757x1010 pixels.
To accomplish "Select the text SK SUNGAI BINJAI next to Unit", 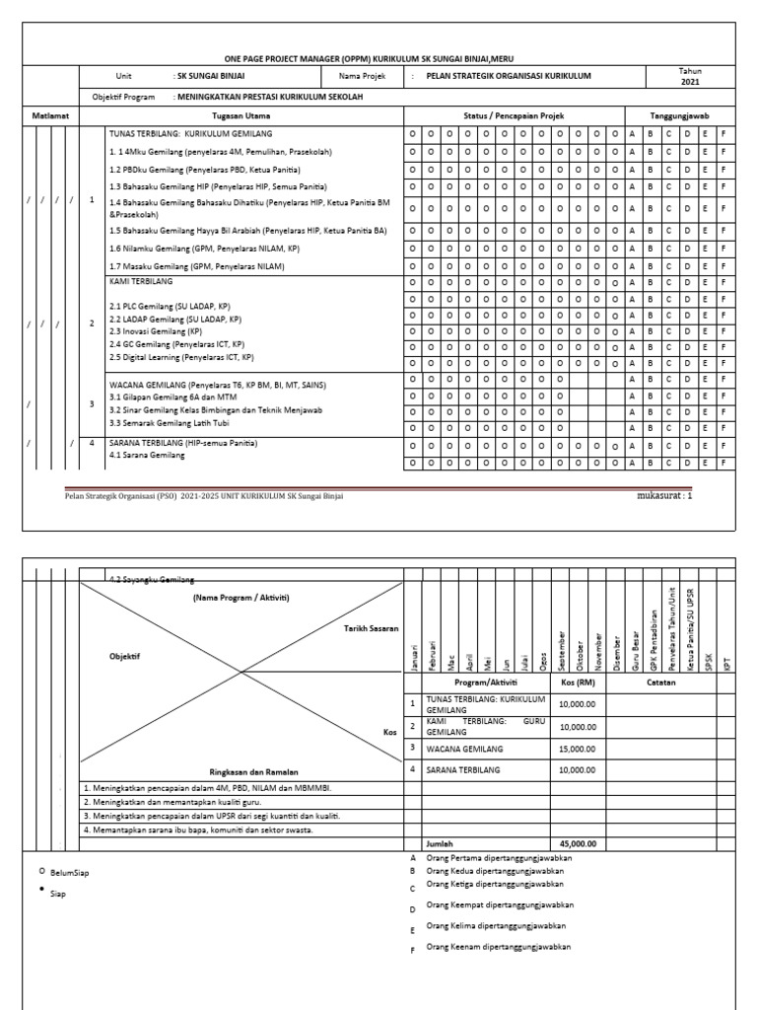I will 210,75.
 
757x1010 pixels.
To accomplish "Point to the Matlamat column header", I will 48,114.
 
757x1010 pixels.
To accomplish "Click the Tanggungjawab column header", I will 681,114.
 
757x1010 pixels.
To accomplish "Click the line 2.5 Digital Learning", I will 182,357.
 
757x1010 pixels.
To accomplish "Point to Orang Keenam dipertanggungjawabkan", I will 498,948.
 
